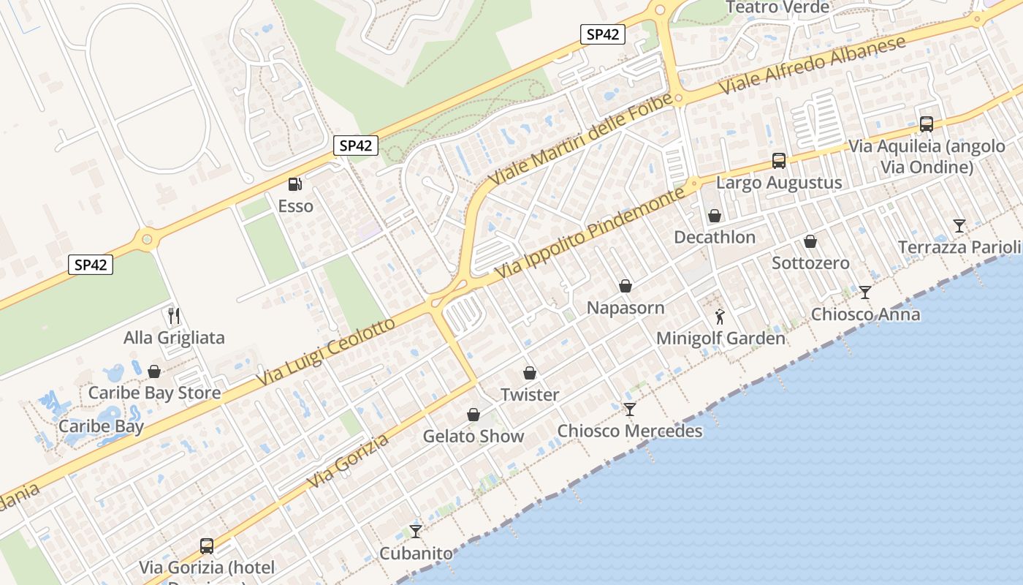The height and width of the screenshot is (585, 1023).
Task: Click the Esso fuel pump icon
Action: pos(294,185)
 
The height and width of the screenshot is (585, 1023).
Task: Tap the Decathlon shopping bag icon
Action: pos(715,216)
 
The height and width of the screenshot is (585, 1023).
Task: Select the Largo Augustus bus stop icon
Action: pos(779,161)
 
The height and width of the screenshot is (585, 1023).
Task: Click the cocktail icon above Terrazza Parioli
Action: pos(959,225)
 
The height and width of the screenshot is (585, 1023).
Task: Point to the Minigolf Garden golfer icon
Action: pos(720,317)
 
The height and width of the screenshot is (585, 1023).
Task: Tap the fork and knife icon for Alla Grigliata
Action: pos(174,316)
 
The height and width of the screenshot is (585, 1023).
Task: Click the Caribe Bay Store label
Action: pos(154,393)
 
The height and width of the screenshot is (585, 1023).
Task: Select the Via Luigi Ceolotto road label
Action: pos(326,353)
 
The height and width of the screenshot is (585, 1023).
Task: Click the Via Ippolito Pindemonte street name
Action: pos(592,232)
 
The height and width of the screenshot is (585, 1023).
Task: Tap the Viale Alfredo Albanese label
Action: pos(813,64)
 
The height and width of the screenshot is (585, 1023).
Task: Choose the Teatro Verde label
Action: pos(777,7)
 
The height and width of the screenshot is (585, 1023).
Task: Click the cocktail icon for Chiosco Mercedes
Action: pos(630,409)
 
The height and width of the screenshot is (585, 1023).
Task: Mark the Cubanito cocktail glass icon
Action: pos(416,531)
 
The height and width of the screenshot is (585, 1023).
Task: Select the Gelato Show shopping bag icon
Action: pos(474,415)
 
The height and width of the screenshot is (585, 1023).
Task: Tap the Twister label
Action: pos(530,395)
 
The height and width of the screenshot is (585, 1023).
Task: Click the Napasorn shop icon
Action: pos(625,286)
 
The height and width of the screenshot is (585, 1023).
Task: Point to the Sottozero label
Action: pos(810,263)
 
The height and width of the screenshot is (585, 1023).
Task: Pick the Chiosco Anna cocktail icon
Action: pos(865,292)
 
